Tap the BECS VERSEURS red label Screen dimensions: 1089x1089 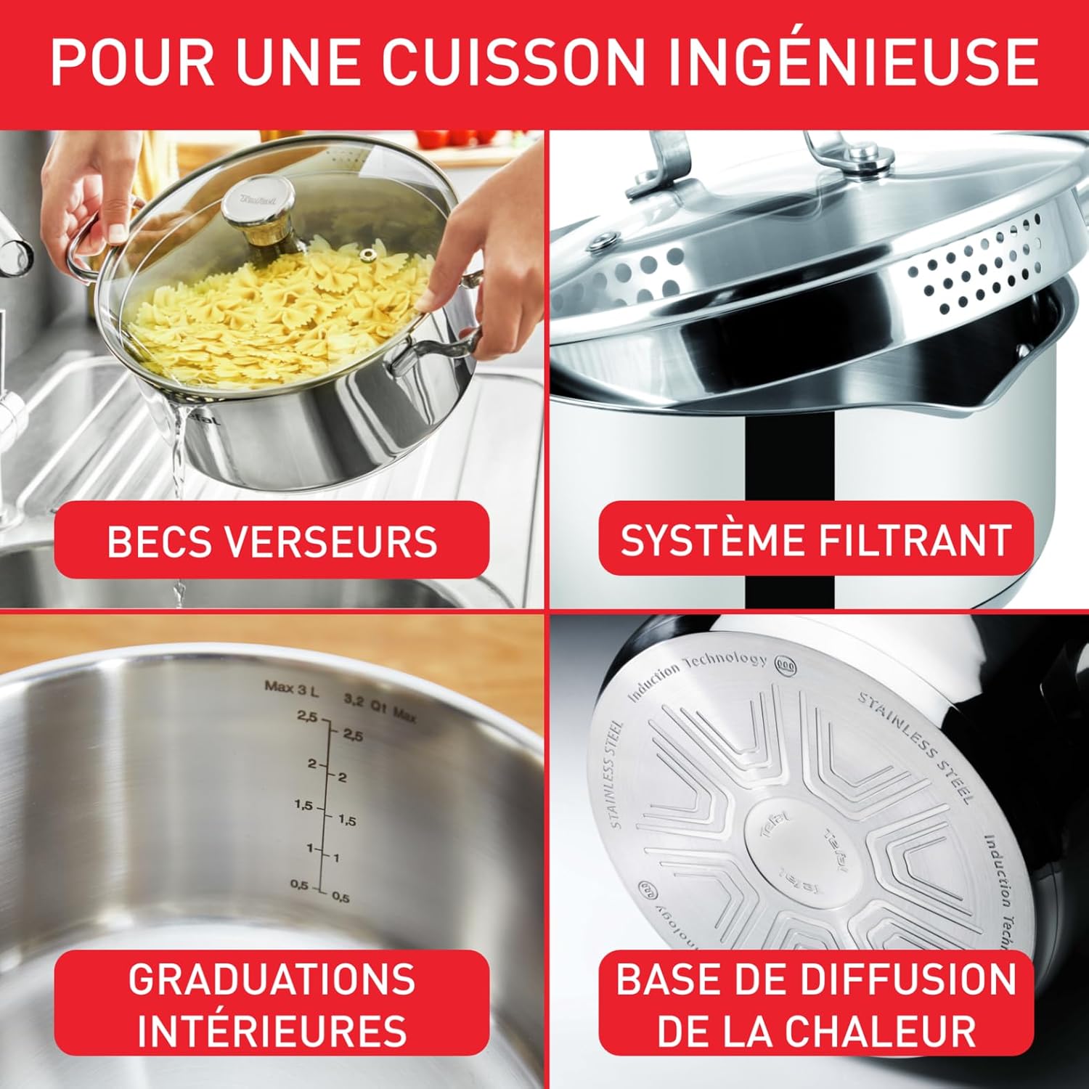coord(272,540)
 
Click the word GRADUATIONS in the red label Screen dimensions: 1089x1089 coord(272,979)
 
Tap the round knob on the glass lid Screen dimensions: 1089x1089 coord(258,203)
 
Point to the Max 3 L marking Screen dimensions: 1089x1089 coord(291,687)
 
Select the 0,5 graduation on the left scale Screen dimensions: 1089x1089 coord(299,884)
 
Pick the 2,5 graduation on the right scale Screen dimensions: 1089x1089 coord(353,735)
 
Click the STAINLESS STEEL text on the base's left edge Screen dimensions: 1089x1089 coord(614,774)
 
